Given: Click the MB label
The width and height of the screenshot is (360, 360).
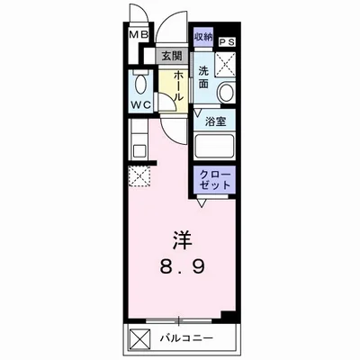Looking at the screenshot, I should [x=138, y=36].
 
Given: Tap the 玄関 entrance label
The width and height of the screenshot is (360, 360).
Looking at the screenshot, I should [x=170, y=56].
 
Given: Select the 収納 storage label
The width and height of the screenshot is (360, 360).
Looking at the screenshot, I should [x=202, y=36].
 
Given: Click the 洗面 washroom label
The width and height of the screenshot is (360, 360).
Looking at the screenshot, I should [x=204, y=77].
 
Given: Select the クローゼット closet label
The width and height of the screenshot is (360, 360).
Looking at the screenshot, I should [x=213, y=176].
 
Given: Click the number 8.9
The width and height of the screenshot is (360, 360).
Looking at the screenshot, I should [x=184, y=267].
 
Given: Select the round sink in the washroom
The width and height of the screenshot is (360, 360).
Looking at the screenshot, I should [x=226, y=93].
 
